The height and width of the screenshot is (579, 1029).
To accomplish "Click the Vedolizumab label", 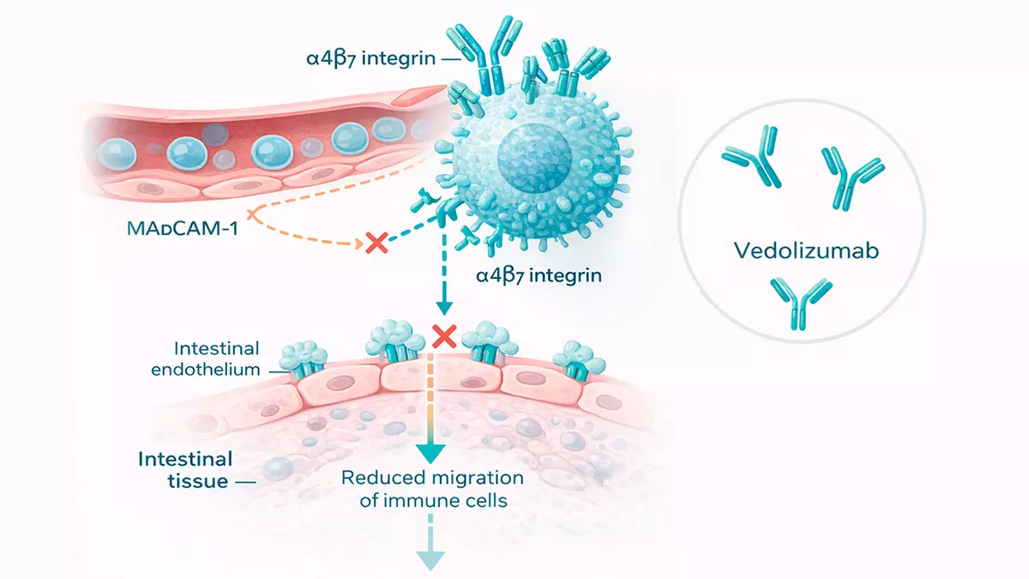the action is click(806, 250).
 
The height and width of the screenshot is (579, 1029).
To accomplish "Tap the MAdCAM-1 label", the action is click(183, 228).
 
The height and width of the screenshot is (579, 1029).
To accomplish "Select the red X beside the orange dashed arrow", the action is click(376, 242).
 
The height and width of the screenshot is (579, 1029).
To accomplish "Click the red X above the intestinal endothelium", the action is click(444, 336).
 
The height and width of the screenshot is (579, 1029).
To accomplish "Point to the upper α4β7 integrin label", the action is click(370, 59).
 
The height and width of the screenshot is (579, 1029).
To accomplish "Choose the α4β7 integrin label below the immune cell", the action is click(539, 275).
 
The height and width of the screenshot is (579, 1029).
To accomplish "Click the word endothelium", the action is click(206, 370).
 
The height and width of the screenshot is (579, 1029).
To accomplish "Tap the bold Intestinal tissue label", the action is click(185, 470).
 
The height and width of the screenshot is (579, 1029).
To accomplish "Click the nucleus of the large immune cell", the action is click(534, 159).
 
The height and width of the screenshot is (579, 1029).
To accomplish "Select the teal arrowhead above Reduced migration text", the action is click(430, 454).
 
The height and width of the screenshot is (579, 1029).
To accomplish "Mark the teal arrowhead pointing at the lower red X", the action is click(444, 308).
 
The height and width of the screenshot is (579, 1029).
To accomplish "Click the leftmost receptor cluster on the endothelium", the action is click(303, 359).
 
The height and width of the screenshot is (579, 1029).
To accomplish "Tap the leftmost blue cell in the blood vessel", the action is click(117, 154).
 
